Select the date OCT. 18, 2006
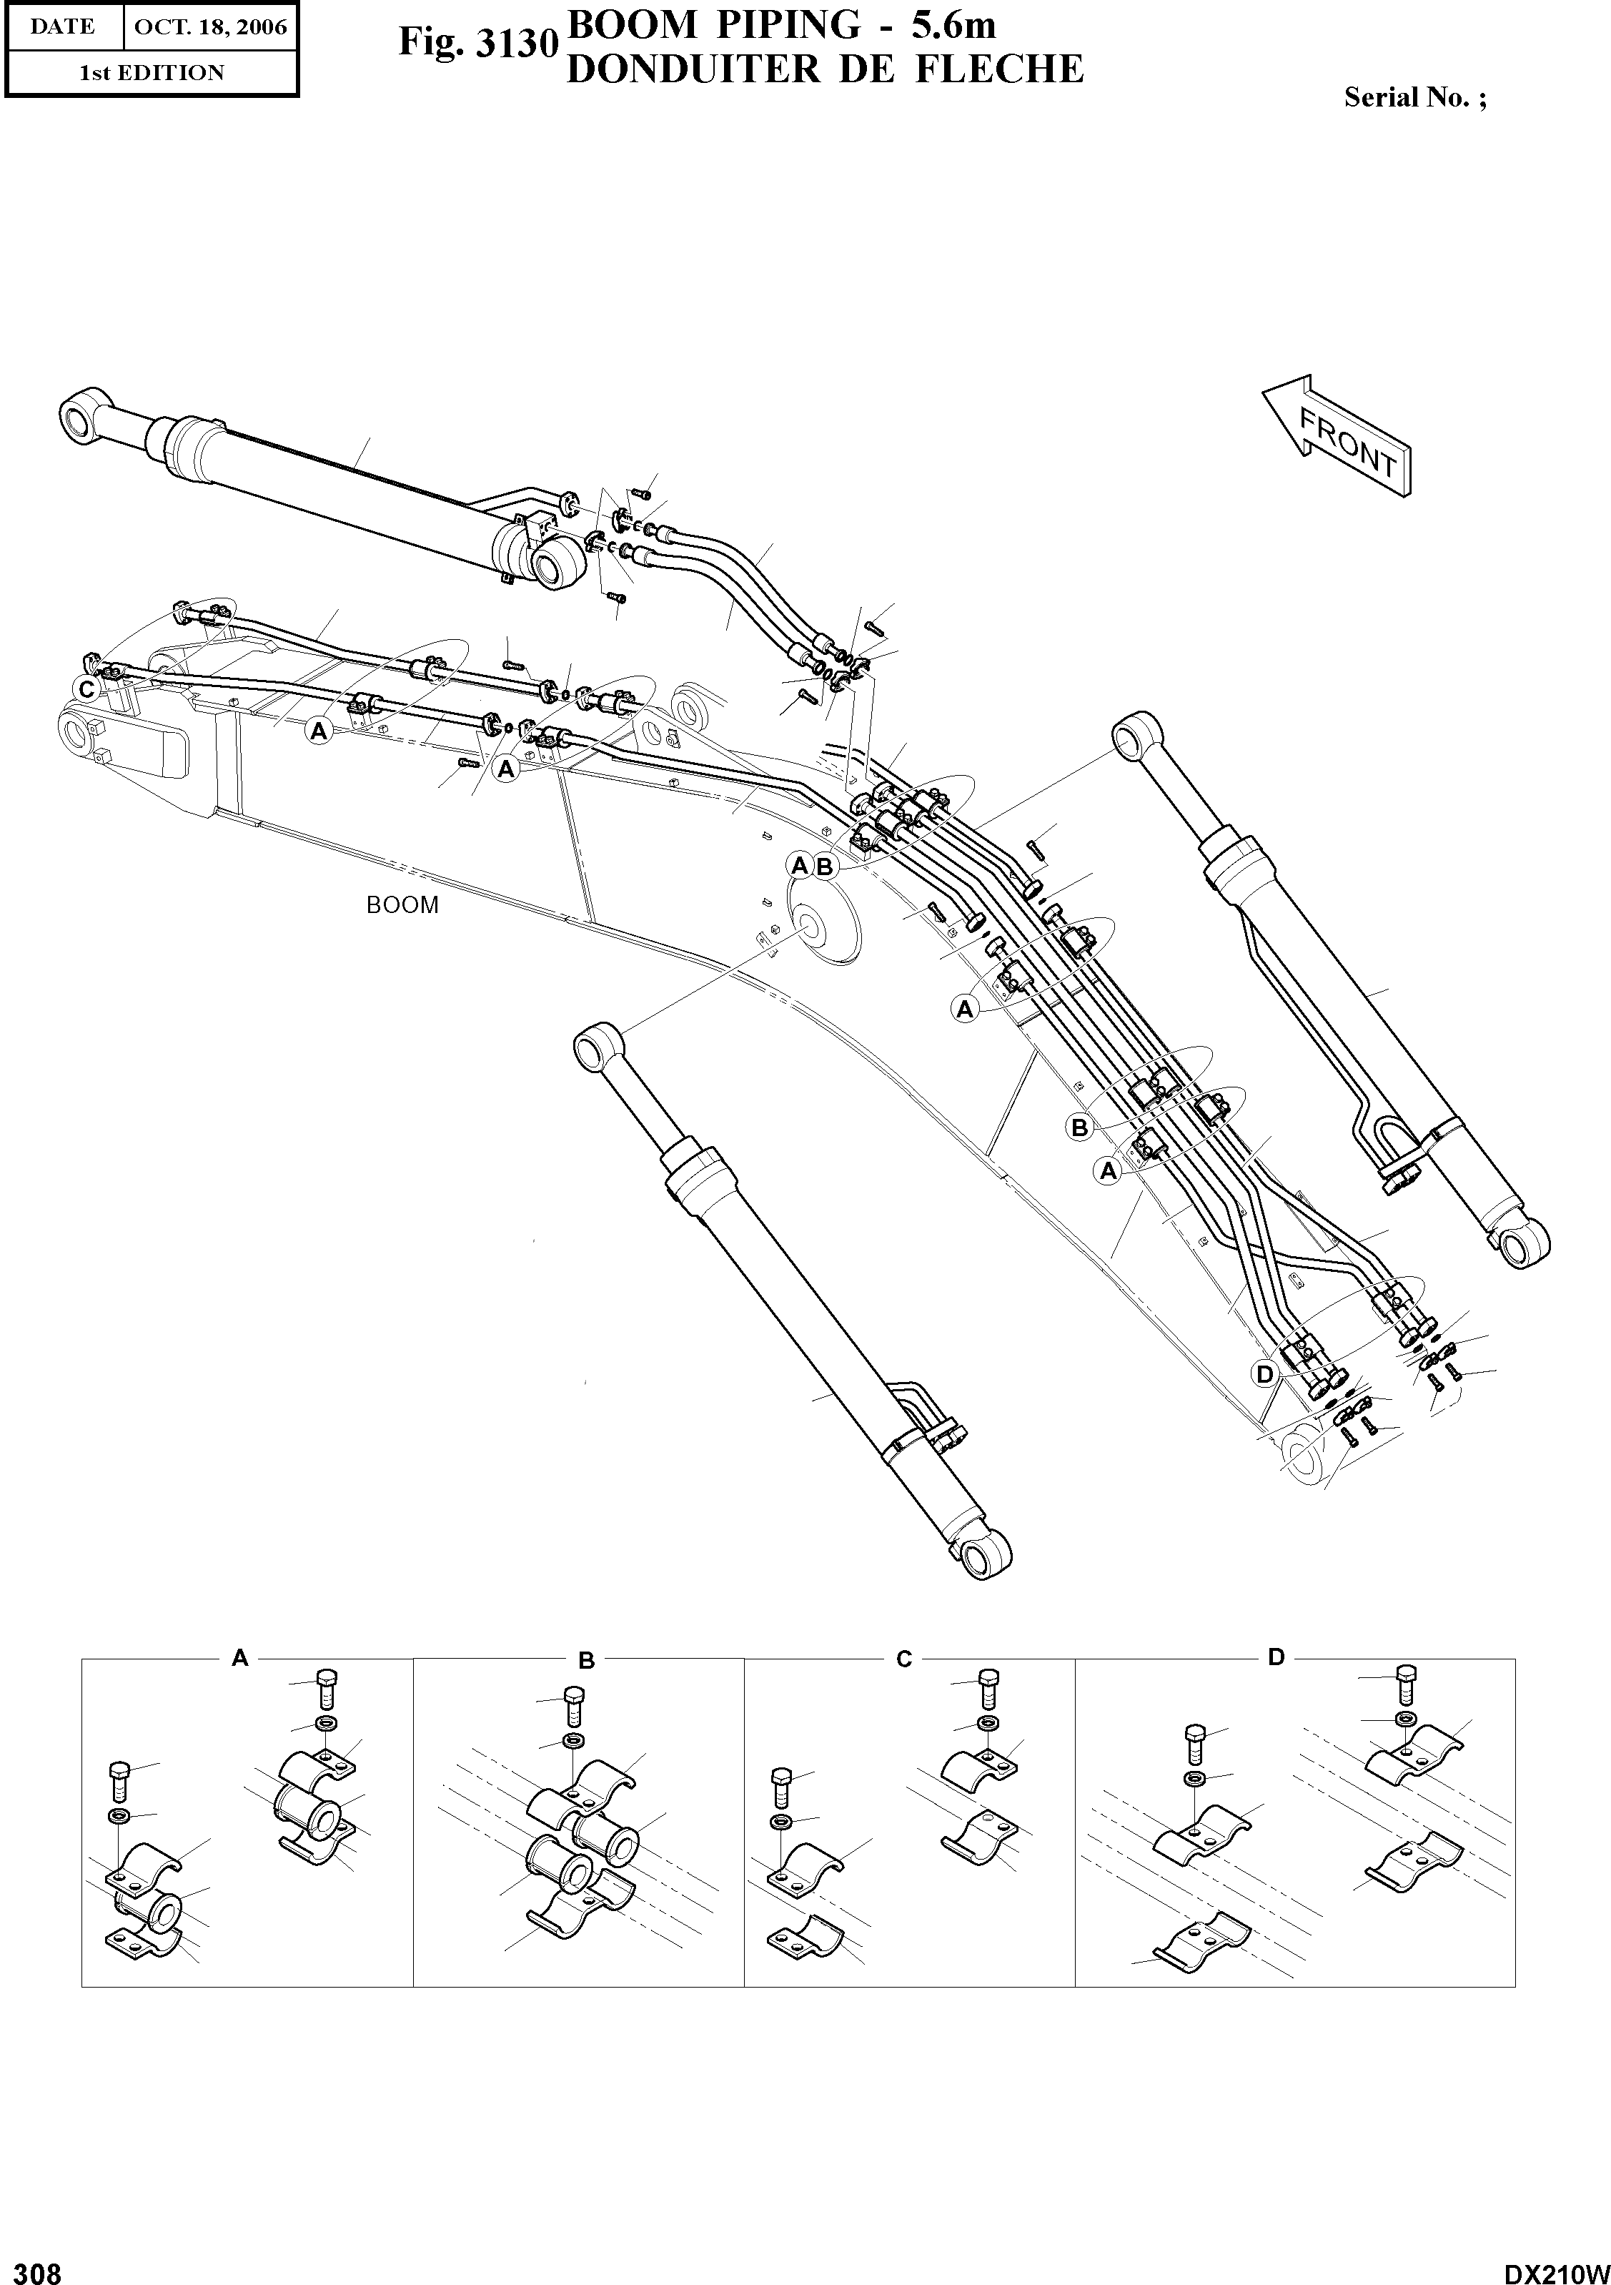[210, 27]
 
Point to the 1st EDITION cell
[152, 73]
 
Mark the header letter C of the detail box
[903, 1659]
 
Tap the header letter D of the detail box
[1277, 1657]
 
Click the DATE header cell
[63, 27]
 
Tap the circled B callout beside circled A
[824, 866]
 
